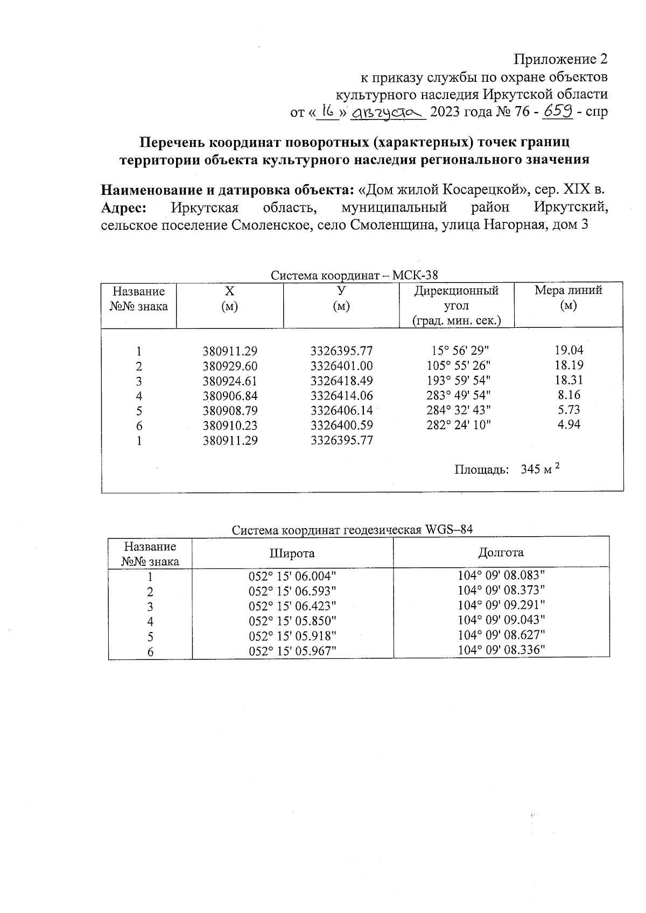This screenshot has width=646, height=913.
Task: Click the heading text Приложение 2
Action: click(x=561, y=59)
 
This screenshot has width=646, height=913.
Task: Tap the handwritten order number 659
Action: click(x=558, y=112)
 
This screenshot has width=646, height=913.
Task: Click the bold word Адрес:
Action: click(x=124, y=208)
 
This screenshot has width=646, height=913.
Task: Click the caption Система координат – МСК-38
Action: click(x=354, y=276)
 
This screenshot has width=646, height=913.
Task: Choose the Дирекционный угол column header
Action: click(x=456, y=305)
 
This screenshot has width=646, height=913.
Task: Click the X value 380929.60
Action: click(x=230, y=366)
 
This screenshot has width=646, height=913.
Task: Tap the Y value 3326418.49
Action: click(x=341, y=381)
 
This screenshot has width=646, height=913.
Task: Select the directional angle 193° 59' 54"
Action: click(x=458, y=381)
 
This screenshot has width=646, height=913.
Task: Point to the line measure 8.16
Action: click(x=569, y=395)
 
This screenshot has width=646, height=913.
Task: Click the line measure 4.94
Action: click(x=569, y=425)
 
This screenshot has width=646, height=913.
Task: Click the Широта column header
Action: click(x=292, y=553)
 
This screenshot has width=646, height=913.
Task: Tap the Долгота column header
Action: click(x=501, y=552)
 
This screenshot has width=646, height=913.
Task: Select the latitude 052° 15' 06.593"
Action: click(x=292, y=591)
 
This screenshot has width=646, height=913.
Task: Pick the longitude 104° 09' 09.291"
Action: click(x=501, y=605)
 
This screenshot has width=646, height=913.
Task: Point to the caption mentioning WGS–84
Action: click(x=352, y=530)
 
